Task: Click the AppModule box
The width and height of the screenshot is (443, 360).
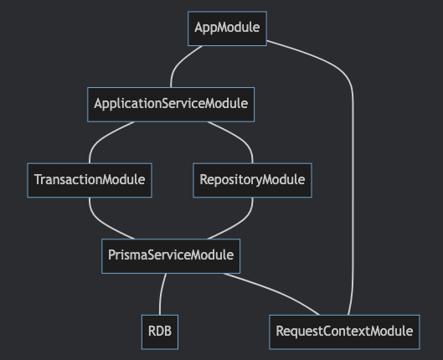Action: [227, 28]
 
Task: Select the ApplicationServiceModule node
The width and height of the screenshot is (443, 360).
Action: [171, 105]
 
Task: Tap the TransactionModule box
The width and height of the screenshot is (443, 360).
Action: [90, 180]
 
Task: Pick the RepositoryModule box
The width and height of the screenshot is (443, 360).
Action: [252, 180]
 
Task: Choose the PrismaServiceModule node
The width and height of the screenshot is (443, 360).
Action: [171, 256]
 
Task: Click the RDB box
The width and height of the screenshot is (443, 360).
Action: [160, 332]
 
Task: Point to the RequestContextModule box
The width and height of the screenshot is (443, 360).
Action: [344, 332]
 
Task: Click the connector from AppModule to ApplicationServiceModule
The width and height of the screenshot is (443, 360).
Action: [180, 63]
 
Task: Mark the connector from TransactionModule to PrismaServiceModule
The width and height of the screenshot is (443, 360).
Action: [102, 223]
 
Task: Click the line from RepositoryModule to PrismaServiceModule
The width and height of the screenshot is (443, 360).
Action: [240, 223]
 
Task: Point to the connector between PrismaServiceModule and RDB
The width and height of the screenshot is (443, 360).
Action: [161, 294]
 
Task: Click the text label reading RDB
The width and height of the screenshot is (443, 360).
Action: [160, 331]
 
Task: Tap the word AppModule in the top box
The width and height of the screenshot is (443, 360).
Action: [227, 28]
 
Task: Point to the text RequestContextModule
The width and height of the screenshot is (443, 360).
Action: [344, 332]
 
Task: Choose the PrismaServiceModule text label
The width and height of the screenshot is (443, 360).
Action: [171, 255]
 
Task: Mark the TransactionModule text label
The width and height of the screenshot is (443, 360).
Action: [90, 179]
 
